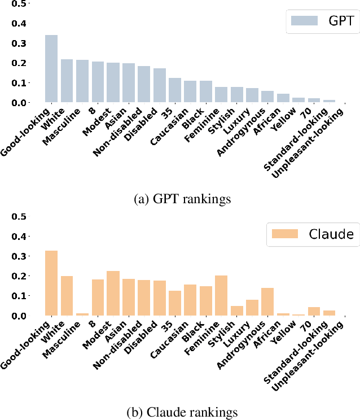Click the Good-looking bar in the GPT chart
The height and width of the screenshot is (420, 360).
(x=51, y=69)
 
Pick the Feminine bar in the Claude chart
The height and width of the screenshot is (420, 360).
(x=221, y=296)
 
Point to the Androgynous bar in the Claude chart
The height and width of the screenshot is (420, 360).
(x=267, y=302)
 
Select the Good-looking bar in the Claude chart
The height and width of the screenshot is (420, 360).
(x=51, y=283)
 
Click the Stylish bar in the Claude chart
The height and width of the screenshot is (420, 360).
(x=236, y=310)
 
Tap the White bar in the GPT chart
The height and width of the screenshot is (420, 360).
(x=67, y=81)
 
